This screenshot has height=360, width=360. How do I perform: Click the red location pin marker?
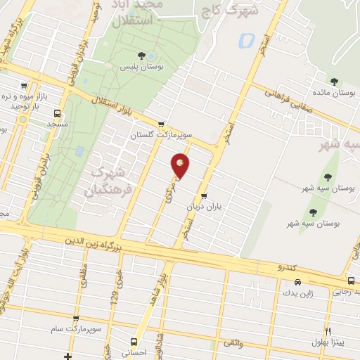click(181, 165)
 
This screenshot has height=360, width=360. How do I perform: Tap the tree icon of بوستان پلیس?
click(142, 55)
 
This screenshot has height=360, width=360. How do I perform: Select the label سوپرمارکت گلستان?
click(157, 134)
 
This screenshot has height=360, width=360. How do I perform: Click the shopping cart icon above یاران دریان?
click(204, 196)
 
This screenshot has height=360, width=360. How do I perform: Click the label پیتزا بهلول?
click(328, 342)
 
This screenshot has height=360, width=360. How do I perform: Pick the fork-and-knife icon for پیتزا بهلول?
click(328, 331)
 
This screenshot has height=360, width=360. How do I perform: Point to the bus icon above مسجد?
click(58, 112)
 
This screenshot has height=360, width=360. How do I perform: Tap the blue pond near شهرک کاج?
click(246, 41)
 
